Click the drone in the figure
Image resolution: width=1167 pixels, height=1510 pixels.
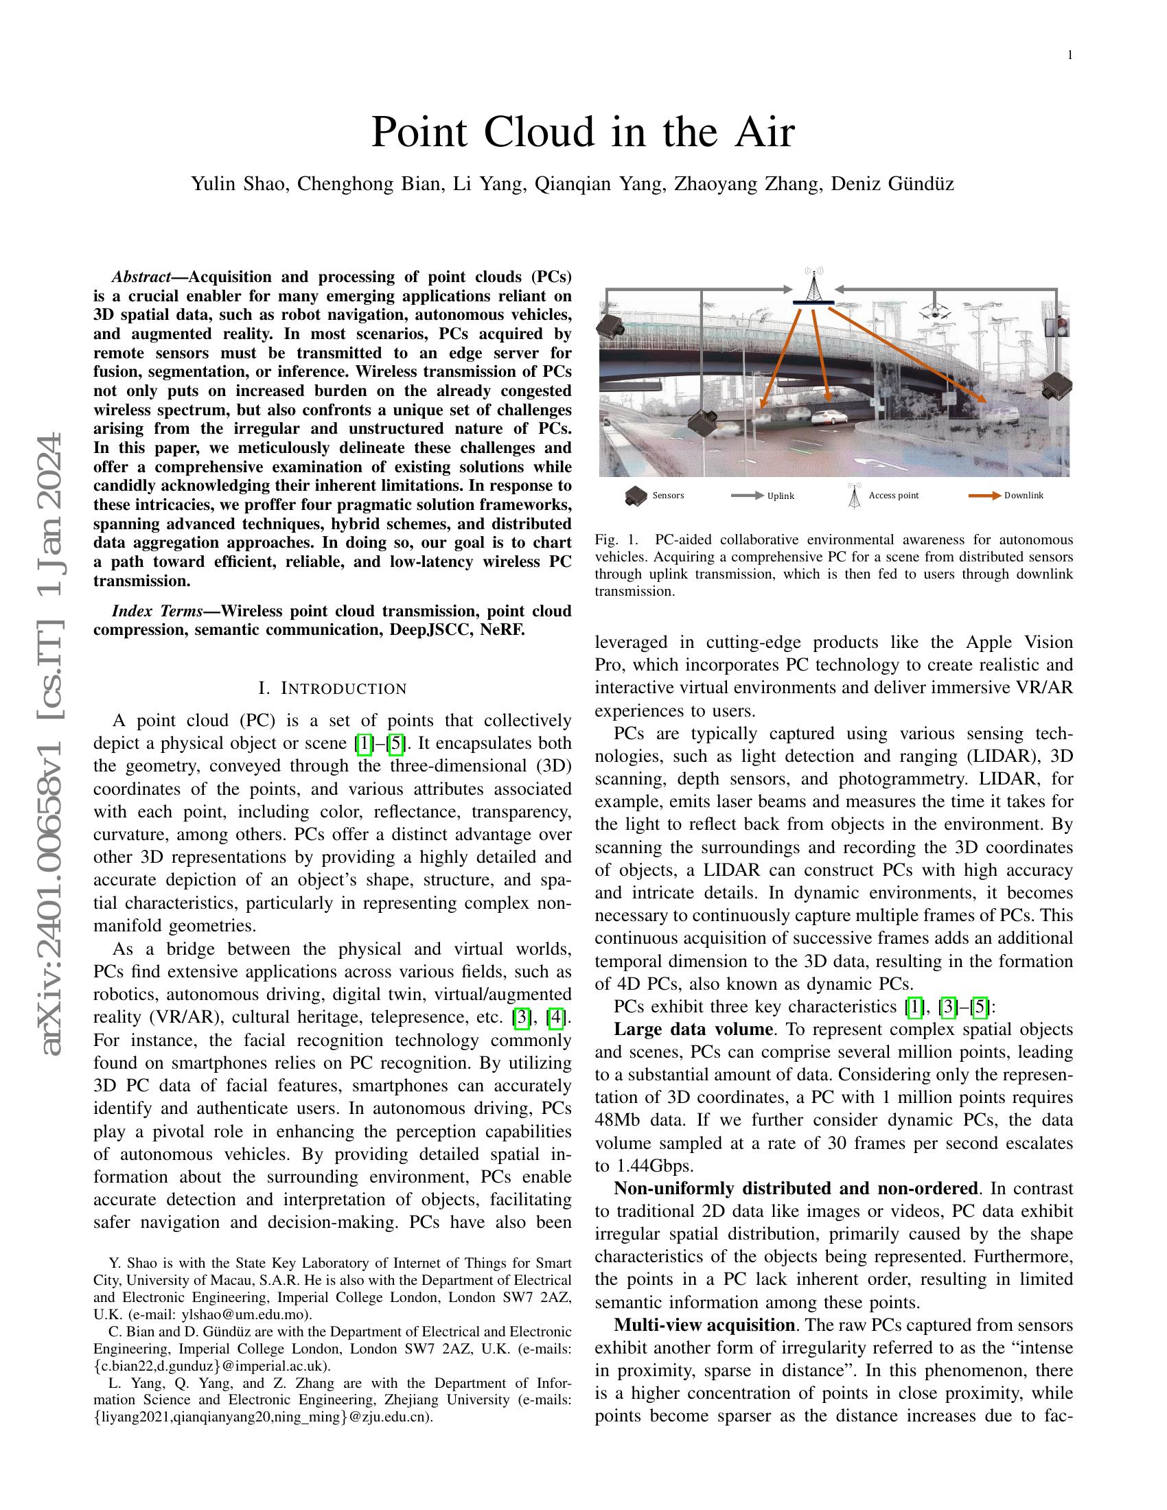tap(937, 309)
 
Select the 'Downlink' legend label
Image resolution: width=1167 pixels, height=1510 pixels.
tap(1024, 495)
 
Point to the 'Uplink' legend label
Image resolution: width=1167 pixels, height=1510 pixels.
tap(781, 496)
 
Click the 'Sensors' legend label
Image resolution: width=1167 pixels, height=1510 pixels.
tap(668, 495)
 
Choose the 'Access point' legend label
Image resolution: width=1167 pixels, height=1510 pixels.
tap(893, 495)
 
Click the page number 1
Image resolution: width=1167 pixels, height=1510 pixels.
tap(1070, 56)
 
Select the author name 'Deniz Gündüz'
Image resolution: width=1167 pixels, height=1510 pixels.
tap(892, 184)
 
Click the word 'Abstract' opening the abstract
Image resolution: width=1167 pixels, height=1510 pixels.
tap(141, 277)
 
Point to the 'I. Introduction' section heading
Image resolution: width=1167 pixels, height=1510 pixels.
tap(332, 688)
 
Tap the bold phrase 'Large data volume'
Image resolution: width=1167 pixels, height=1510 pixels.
tap(693, 1030)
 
